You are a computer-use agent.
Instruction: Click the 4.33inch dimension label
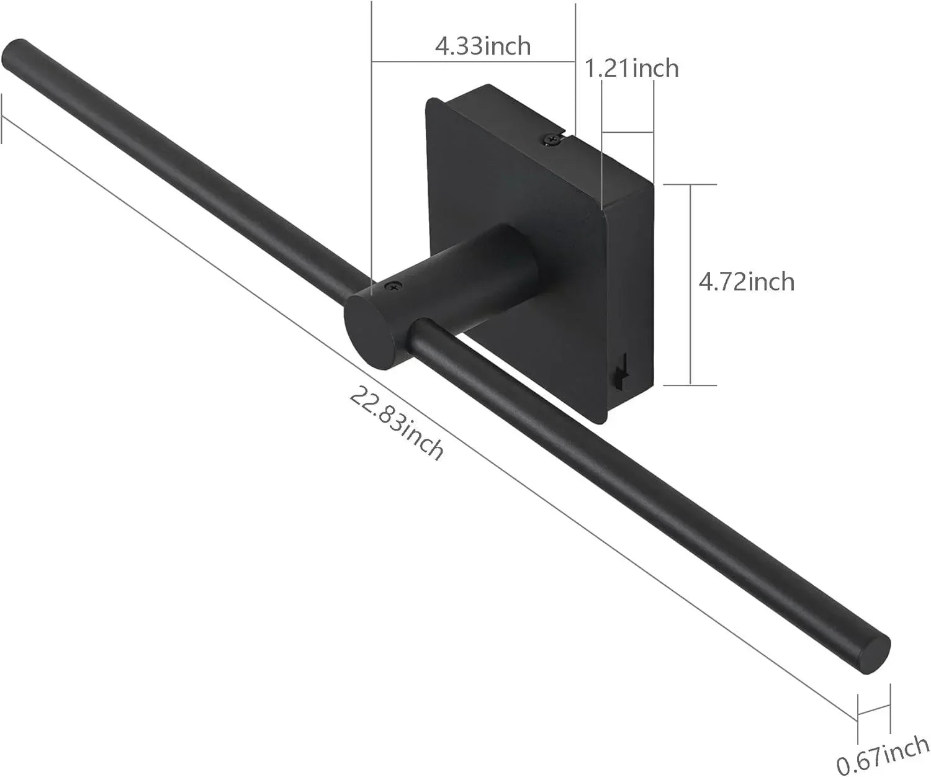(x=482, y=46)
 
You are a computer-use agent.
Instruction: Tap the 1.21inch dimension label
(x=632, y=68)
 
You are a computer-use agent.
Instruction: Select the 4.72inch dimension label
(x=746, y=282)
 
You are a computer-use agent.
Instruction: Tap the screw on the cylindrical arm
(x=392, y=286)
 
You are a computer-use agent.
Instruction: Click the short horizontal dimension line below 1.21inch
(x=627, y=132)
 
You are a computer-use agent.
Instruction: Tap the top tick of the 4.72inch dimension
(x=690, y=184)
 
